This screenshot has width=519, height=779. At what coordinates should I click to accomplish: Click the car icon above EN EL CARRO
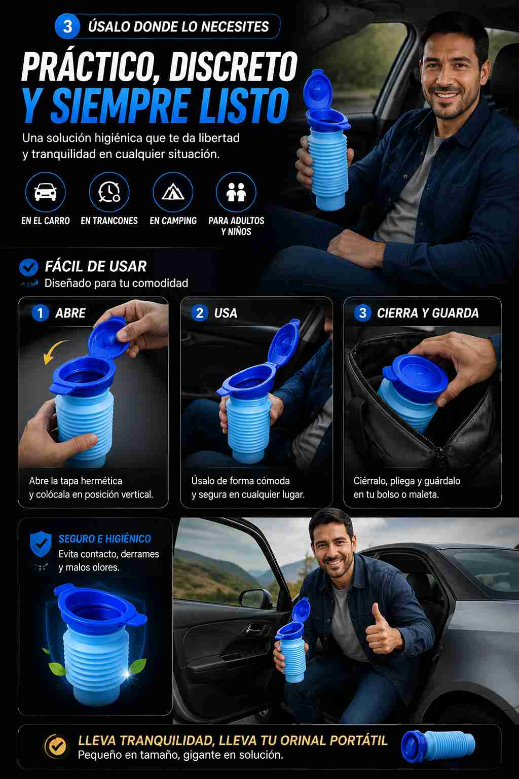[x=46, y=192]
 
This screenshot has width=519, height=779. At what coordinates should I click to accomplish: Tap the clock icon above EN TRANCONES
[x=109, y=192]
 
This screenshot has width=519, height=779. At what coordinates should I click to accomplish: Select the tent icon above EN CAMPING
[x=173, y=192]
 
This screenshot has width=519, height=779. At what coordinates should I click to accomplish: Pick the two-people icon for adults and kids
[x=236, y=192]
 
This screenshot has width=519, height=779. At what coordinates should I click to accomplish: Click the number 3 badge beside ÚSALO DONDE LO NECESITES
[x=67, y=26]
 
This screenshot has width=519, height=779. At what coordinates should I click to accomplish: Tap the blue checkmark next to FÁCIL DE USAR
[x=28, y=267]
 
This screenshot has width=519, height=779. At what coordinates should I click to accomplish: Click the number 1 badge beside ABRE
[x=41, y=313]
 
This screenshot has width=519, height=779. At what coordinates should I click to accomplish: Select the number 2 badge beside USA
[x=200, y=313]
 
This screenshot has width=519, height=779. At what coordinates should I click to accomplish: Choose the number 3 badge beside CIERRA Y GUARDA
[x=362, y=313]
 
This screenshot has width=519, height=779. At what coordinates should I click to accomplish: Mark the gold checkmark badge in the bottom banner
[x=56, y=747]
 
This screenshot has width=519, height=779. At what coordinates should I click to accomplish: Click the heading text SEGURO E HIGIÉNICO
[x=104, y=539]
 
